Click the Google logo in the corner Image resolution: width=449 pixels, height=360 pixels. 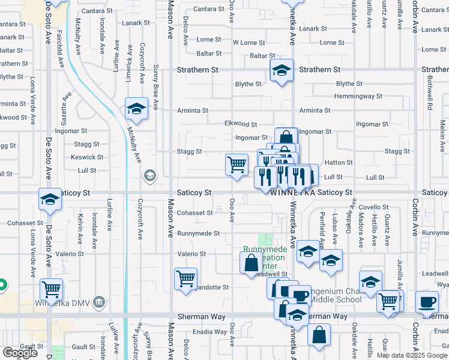pos(20,353)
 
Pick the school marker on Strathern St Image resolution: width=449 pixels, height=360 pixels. pos(282,71)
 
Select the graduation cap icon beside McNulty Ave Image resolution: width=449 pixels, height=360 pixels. pos(137,109)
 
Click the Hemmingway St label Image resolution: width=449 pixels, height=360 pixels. pos(358,96)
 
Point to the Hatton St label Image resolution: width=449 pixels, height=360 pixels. pos(339,163)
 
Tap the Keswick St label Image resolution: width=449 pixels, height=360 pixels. pos(88,157)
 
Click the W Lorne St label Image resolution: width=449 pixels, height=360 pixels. pos(249,43)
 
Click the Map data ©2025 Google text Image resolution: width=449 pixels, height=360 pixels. pos(412,355)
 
